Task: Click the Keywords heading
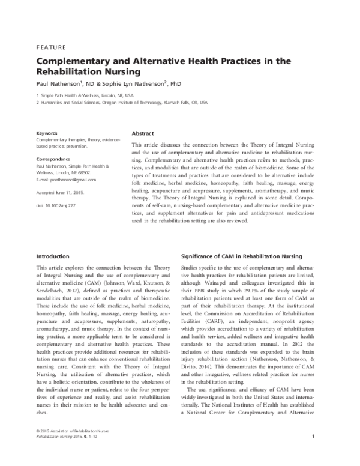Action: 47,133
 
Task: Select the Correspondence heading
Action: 53,159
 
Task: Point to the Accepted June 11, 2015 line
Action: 61,193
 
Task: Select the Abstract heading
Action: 142,133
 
